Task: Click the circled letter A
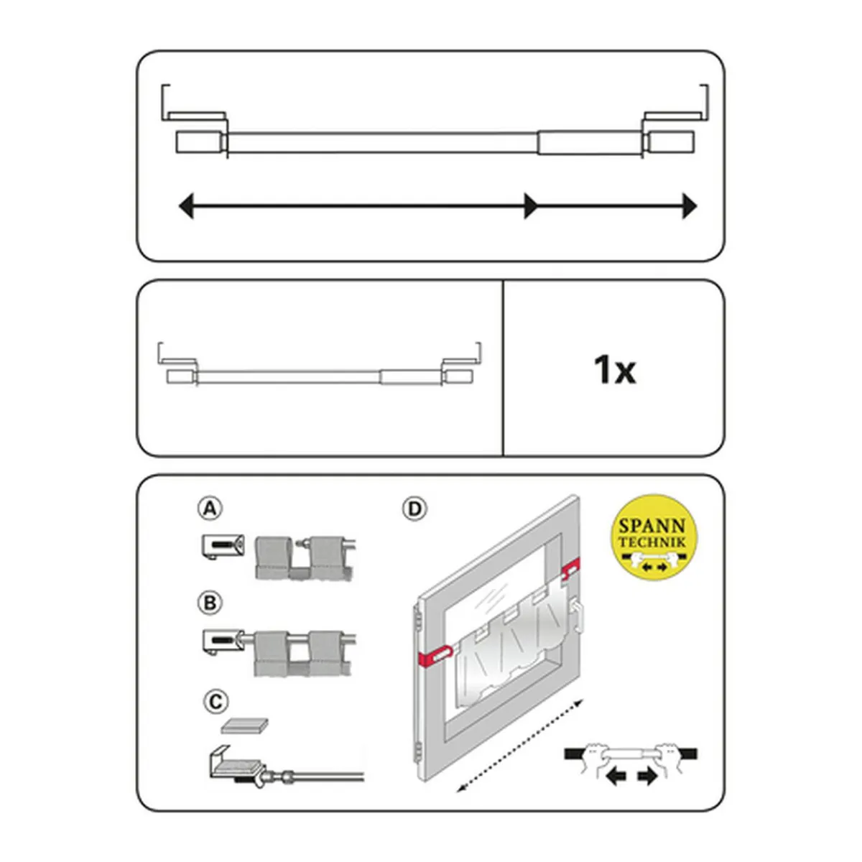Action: click(x=210, y=509)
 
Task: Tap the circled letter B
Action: click(x=210, y=603)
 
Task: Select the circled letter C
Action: click(x=215, y=702)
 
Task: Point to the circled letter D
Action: click(x=414, y=509)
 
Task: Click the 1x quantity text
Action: click(x=614, y=370)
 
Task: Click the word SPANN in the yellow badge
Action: click(x=652, y=526)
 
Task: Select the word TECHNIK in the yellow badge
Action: click(x=652, y=542)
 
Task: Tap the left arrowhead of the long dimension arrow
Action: click(x=186, y=206)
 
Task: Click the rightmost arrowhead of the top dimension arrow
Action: click(x=689, y=206)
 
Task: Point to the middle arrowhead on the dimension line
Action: click(x=531, y=206)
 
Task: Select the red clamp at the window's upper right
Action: click(x=571, y=570)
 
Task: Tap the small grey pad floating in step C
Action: click(x=244, y=726)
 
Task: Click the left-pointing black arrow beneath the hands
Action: click(x=617, y=778)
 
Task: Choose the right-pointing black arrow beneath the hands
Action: click(x=646, y=778)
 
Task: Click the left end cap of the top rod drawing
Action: click(x=199, y=142)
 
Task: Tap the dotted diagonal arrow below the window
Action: click(x=520, y=751)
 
